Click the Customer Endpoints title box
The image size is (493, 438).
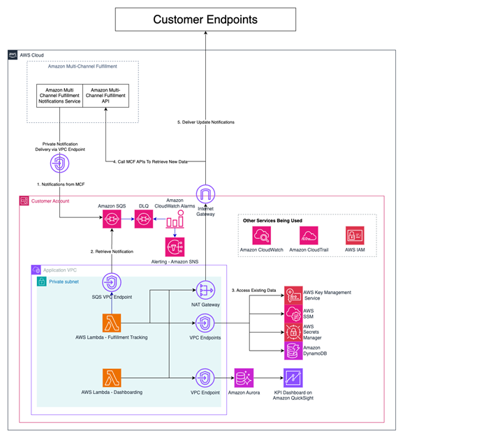point(205,20)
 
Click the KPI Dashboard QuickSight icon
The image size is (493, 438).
point(293,377)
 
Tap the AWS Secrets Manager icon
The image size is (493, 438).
point(292,332)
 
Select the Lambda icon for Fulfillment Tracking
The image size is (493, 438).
point(112,323)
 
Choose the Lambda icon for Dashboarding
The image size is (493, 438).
point(112,378)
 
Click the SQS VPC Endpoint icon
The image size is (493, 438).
point(112,283)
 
